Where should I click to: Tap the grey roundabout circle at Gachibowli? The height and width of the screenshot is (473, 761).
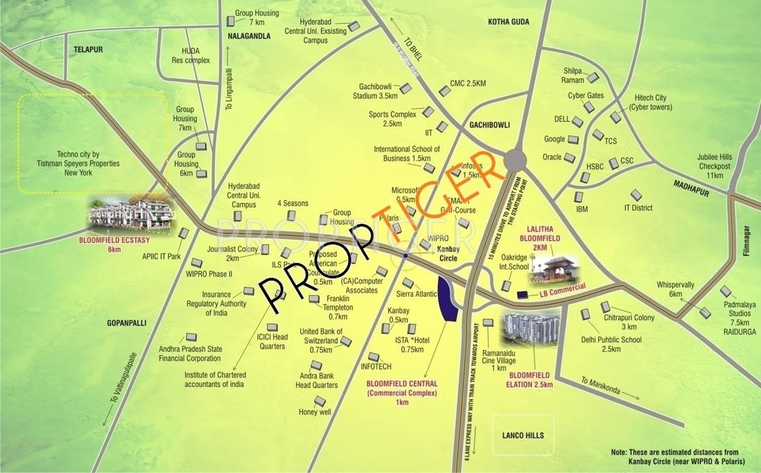[x=515, y=161]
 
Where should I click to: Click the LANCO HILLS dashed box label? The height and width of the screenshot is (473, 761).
[x=523, y=435]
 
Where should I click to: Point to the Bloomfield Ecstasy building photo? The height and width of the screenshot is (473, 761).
[x=131, y=214]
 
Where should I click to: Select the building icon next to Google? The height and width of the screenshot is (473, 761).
[x=573, y=140]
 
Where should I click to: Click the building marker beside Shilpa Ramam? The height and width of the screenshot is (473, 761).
[x=592, y=78]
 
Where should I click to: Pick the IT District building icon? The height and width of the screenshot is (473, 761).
[x=636, y=195]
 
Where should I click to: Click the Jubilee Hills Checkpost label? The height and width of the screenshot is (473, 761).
[x=714, y=166]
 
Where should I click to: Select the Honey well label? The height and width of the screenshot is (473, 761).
[x=315, y=412]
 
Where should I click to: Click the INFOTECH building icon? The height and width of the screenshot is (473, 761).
[x=373, y=357]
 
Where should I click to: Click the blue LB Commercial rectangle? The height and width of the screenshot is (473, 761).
[x=523, y=294]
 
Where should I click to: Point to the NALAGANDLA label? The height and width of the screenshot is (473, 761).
[x=249, y=36]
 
